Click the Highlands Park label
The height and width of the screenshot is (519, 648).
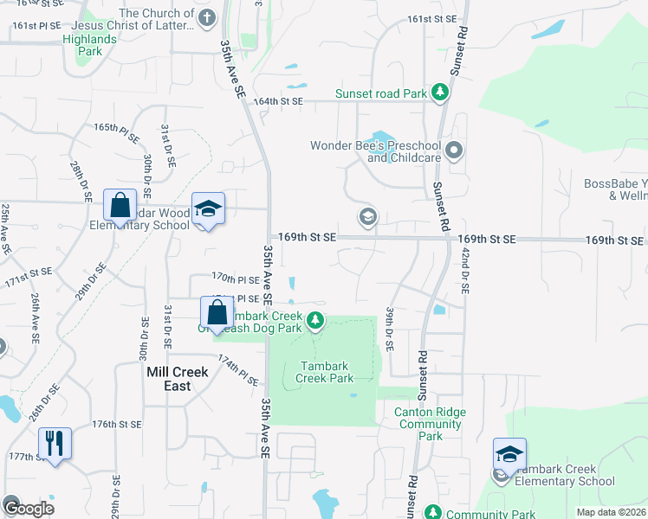click(x=89, y=45)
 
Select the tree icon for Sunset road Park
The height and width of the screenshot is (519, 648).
click(x=440, y=92)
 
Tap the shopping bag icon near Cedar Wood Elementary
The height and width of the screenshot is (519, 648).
click(x=120, y=206)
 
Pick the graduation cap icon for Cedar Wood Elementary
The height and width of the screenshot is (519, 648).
click(x=208, y=208)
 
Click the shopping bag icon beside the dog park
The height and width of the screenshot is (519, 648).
click(x=217, y=312)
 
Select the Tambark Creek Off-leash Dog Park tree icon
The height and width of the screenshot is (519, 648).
click(x=316, y=323)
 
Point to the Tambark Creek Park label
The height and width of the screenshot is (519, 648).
click(x=325, y=372)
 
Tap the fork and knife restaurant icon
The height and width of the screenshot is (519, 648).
click(x=55, y=443)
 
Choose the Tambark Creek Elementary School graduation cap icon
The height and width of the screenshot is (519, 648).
click(x=509, y=453)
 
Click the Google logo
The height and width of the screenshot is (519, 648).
click(x=29, y=509)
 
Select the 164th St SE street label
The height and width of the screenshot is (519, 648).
click(x=278, y=101)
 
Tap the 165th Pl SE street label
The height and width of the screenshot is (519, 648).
click(x=117, y=127)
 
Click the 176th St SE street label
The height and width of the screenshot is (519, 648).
click(x=117, y=424)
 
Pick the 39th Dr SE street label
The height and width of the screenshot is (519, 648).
click(x=390, y=329)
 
